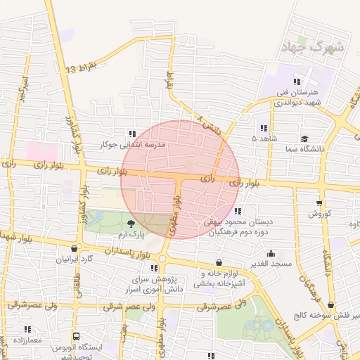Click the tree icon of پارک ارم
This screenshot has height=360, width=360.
pyautogui.click(x=132, y=223)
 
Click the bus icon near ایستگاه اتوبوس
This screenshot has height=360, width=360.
pyautogui.click(x=76, y=337)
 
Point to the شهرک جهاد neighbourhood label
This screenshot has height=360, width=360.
pyautogui.click(x=312, y=48)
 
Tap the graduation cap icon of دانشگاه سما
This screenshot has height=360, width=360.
pyautogui.click(x=304, y=139)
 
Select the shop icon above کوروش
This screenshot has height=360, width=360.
pyautogui.click(x=319, y=203)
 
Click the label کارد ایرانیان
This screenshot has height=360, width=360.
pyautogui.click(x=75, y=259)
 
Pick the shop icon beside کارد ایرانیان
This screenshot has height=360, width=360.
pyautogui.click(x=75, y=248)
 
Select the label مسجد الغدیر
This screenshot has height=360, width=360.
pyautogui.click(x=274, y=263)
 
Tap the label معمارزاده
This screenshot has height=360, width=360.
pyautogui.click(x=27, y=340)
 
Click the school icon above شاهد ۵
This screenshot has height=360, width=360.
pyautogui.click(x=264, y=128)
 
